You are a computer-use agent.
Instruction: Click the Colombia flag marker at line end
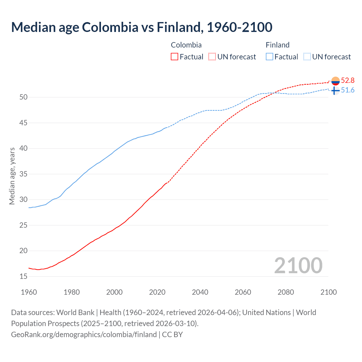pyautogui.click(x=335, y=81)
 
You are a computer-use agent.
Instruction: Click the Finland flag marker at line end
pyautogui.click(x=335, y=90)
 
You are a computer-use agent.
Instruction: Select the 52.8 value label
pyautogui.click(x=348, y=81)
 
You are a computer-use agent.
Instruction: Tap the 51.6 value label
pyautogui.click(x=348, y=90)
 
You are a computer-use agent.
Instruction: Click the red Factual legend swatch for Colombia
pyautogui.click(x=174, y=57)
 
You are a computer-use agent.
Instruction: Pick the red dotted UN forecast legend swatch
pyautogui.click(x=212, y=57)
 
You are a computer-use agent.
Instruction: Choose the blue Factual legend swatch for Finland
pyautogui.click(x=270, y=57)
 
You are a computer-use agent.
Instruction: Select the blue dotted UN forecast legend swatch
pyautogui.click(x=307, y=57)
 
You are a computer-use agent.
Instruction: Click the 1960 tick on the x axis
pyautogui.click(x=29, y=292)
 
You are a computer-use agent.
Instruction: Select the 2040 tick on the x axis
pyautogui.click(x=200, y=292)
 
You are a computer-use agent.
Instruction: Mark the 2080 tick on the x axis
pyautogui.click(x=286, y=292)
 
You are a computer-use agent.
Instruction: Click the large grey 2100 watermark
pyautogui.click(x=298, y=266)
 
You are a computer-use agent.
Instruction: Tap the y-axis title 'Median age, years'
pyautogui.click(x=12, y=176)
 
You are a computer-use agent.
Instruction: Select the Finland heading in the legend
pyautogui.click(x=277, y=45)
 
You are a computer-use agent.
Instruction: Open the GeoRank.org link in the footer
pyautogui.click(x=84, y=335)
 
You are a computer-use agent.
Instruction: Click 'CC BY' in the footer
pyautogui.click(x=172, y=335)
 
